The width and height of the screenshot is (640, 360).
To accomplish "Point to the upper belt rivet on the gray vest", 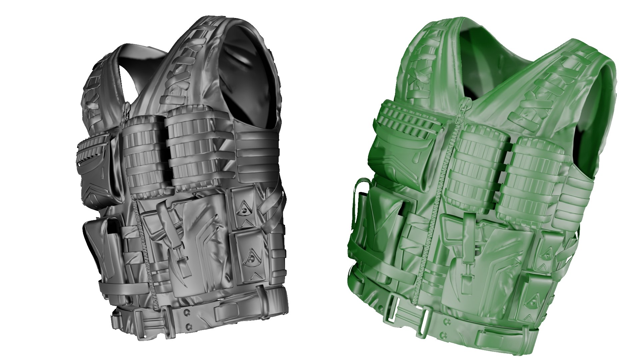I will tap(187, 313).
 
